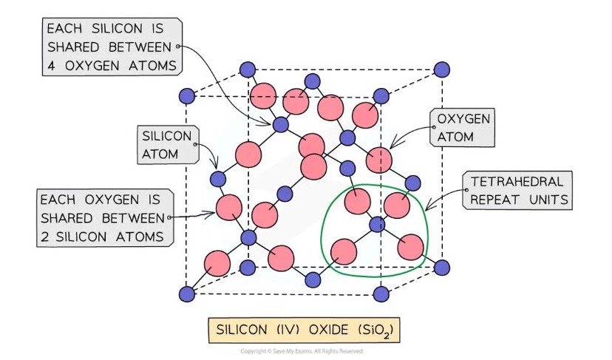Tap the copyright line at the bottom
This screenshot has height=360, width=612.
pyautogui.click(x=305, y=351)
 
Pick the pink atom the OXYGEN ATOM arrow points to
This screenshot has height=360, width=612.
pyautogui.click(x=378, y=159)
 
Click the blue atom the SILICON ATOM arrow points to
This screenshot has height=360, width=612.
pyautogui.click(x=218, y=178)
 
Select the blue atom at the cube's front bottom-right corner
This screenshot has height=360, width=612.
pyautogui.click(x=381, y=294)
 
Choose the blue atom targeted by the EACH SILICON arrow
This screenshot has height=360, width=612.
pyautogui.click(x=280, y=124)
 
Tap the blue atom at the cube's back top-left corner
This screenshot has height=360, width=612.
pyautogui.click(x=247, y=71)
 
